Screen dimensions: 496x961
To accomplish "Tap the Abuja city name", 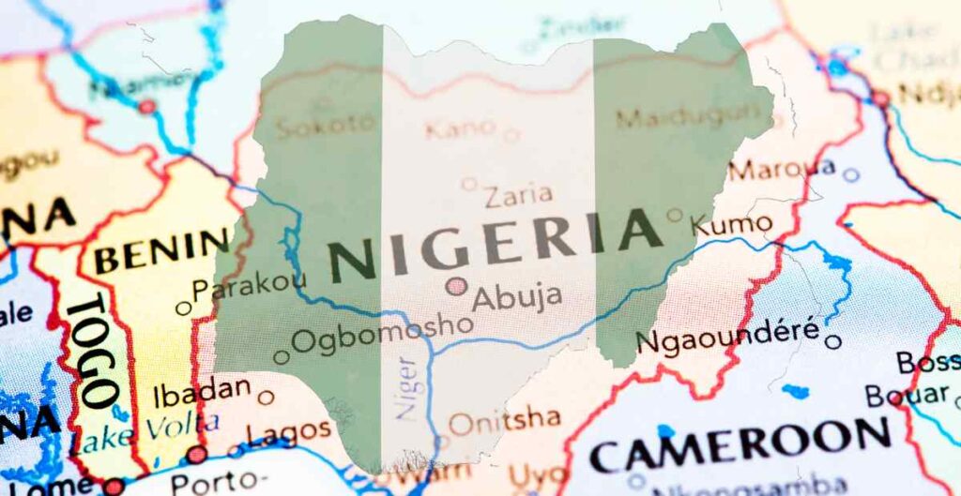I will pos(517,297).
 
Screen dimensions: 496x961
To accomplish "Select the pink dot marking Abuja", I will pos(456,286).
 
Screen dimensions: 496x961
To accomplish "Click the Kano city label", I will pos(460,128).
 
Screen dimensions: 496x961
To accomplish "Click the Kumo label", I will pos(732,224).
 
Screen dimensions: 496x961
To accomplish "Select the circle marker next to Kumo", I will pos(674,215).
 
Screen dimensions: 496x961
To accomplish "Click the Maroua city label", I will pos(781,170).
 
